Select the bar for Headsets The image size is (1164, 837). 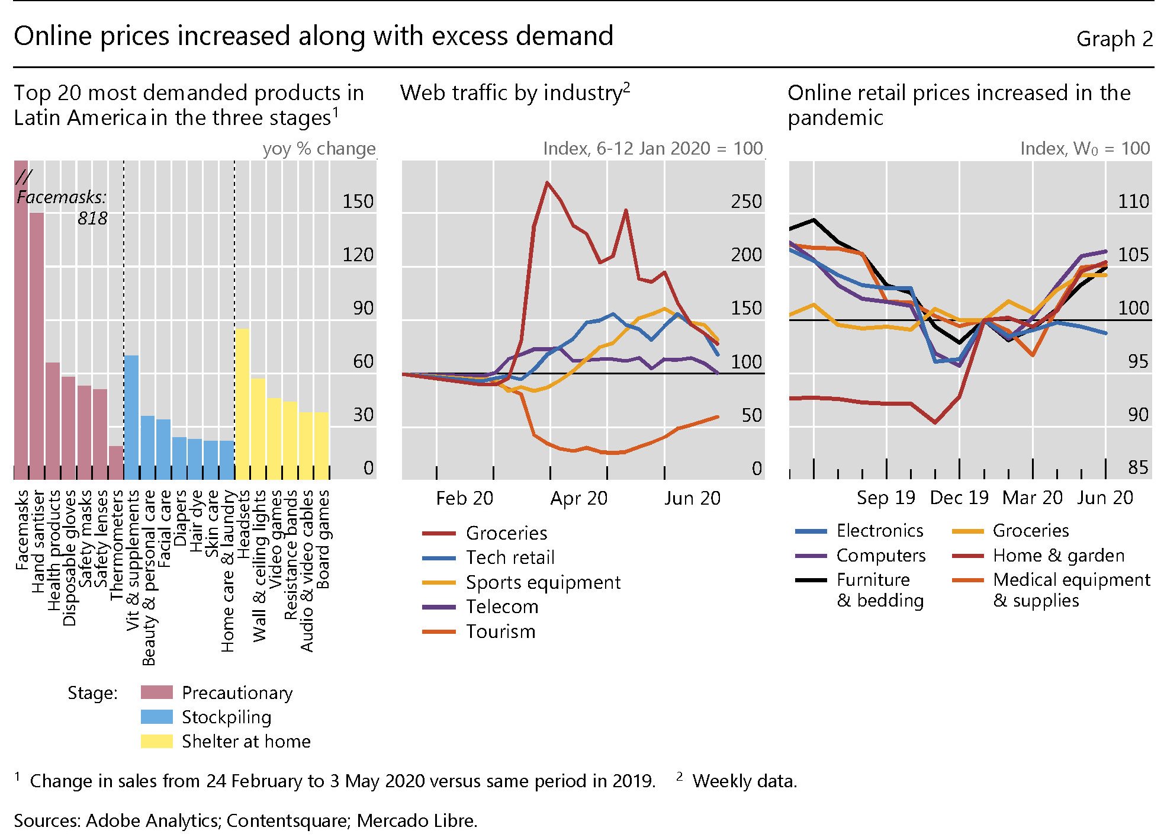tap(242, 404)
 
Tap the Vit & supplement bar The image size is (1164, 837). tap(131, 417)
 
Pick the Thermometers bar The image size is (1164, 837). tap(116, 462)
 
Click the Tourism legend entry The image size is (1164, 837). tap(500, 631)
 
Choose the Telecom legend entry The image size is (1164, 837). tap(502, 607)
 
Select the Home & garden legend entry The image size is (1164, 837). tap(1059, 556)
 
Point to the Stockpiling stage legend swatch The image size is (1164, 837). tap(157, 717)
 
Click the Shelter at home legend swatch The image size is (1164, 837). tap(157, 742)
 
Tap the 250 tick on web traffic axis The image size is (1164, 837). tap(746, 201)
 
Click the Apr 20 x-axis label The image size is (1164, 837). tap(578, 498)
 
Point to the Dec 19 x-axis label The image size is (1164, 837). tap(959, 498)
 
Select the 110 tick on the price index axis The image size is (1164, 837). tap(1133, 201)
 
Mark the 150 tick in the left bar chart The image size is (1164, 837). tap(358, 201)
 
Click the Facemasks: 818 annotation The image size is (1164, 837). tap(62, 207)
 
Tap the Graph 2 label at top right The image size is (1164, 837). tap(1114, 39)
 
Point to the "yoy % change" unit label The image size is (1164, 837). tap(319, 148)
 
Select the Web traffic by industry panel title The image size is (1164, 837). tap(514, 93)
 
